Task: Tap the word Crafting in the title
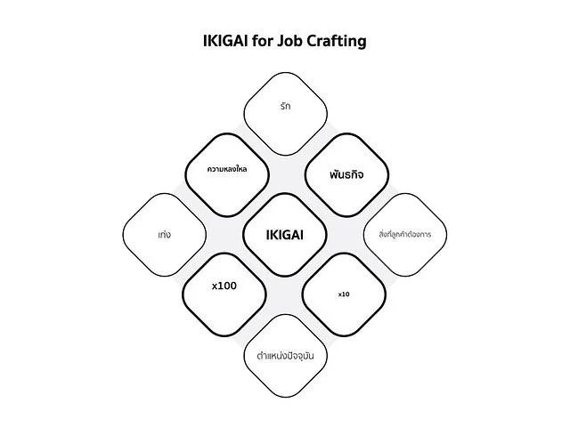click(x=337, y=42)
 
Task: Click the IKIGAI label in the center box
click(x=285, y=235)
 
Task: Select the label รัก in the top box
click(x=285, y=106)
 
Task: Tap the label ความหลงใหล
click(x=227, y=169)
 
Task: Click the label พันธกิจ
click(x=346, y=174)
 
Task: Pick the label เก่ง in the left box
click(x=164, y=235)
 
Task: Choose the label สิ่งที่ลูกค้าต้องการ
click(x=405, y=234)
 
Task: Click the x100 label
click(x=224, y=286)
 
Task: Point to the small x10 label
click(x=344, y=294)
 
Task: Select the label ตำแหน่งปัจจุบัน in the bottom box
click(x=285, y=356)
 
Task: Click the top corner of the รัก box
click(x=285, y=72)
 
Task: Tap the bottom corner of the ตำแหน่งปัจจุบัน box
click(x=285, y=398)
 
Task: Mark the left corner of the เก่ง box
click(x=123, y=235)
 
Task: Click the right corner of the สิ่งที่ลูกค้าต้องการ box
click(x=447, y=235)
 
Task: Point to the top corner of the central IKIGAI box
click(x=285, y=193)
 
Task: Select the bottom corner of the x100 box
click(x=224, y=336)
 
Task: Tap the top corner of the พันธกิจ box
click(x=346, y=133)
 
